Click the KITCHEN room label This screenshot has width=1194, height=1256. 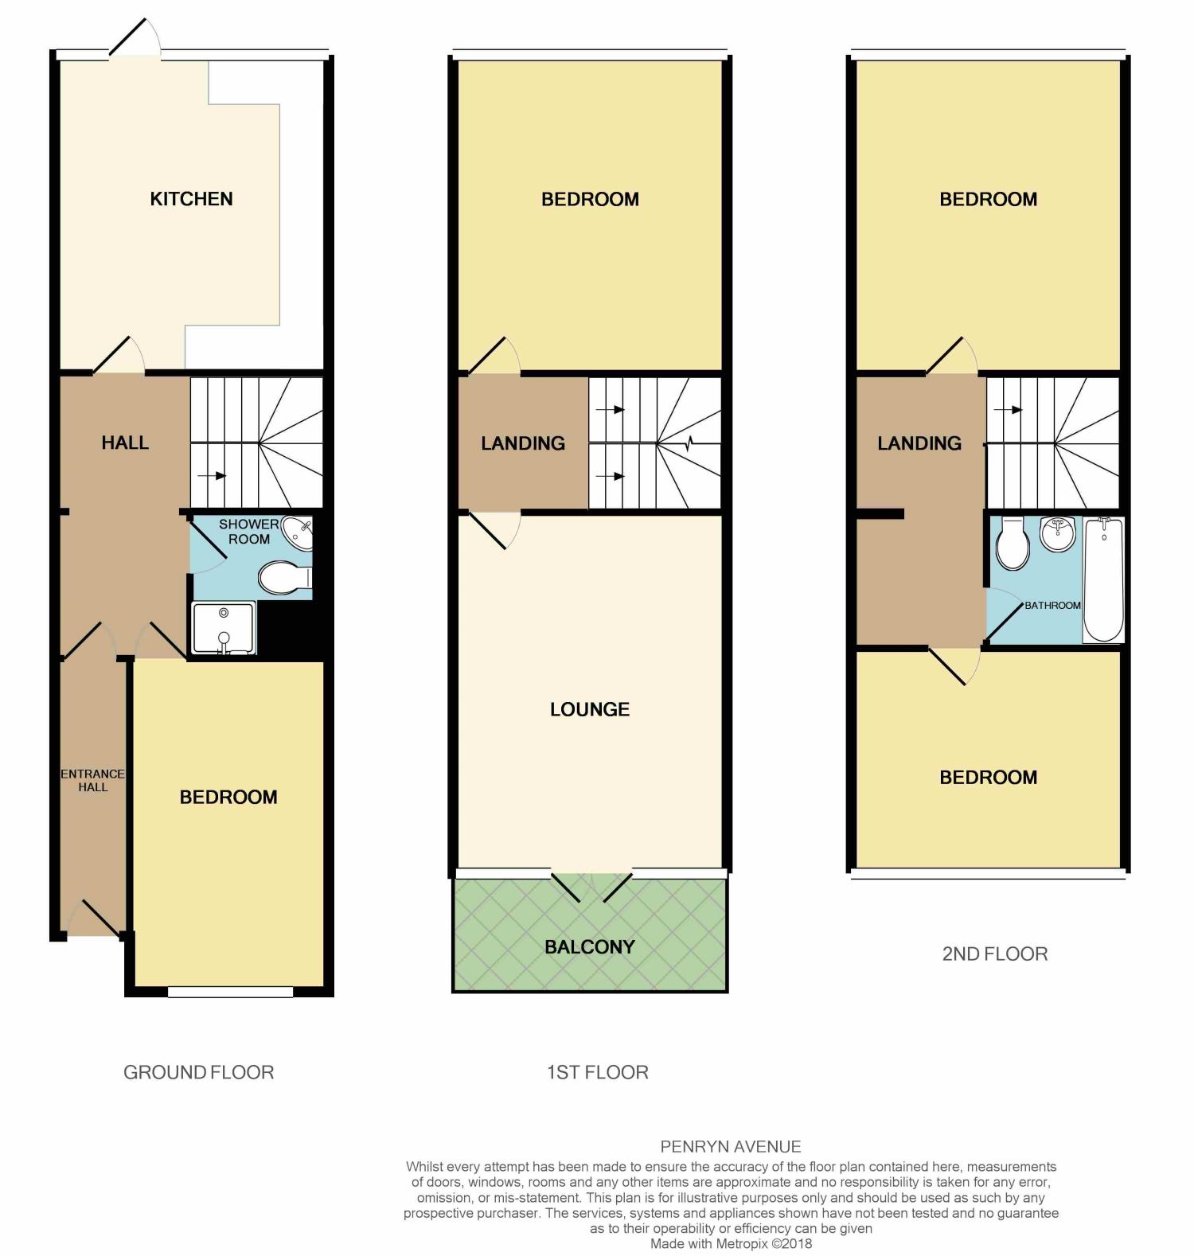[x=191, y=199]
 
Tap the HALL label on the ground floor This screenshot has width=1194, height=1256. [x=125, y=443]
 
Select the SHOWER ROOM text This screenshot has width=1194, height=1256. [x=248, y=532]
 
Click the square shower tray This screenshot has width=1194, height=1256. [x=224, y=628]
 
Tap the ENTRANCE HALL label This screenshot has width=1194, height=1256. [x=92, y=780]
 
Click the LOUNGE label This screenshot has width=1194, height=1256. [x=590, y=709]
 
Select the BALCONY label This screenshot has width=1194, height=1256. [x=590, y=947]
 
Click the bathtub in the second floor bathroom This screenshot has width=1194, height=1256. [x=1103, y=579]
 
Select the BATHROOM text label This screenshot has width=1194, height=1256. [x=1052, y=606]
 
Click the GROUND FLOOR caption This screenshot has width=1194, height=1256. [x=198, y=1072]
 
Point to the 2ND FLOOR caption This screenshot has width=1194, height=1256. [x=994, y=954]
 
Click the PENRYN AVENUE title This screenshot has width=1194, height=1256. [x=730, y=1147]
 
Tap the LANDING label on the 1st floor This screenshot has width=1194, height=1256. [x=523, y=443]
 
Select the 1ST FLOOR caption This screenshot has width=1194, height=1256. [x=597, y=1072]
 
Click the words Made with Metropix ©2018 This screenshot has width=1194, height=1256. [x=731, y=1243]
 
